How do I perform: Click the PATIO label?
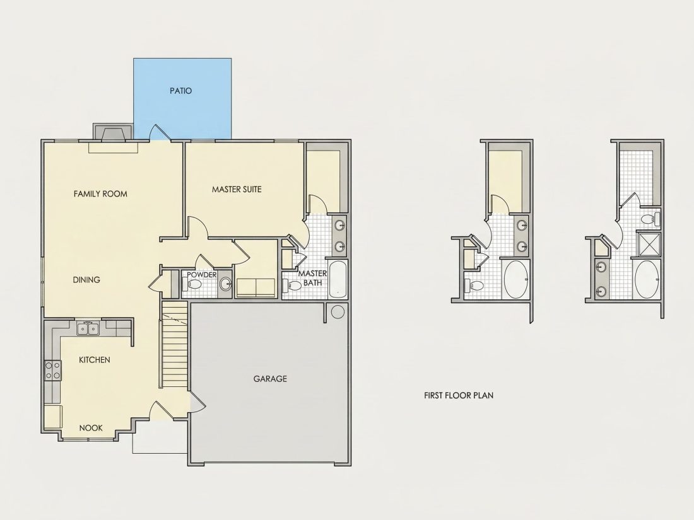point(180,91)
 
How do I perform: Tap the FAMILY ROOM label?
point(100,194)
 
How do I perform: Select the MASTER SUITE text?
point(237,189)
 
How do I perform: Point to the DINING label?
point(86,280)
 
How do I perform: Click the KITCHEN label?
point(94,360)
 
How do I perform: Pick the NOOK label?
point(91,428)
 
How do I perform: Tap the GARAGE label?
point(270,379)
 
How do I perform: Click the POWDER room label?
point(202,275)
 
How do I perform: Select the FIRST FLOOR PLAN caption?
point(459,395)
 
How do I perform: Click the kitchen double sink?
point(88,328)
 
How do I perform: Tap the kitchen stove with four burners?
point(52,371)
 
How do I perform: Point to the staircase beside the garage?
point(175,344)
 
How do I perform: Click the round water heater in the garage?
point(338,312)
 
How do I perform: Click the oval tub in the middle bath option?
point(516,279)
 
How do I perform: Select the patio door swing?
point(159,132)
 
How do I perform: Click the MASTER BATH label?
point(312,278)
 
